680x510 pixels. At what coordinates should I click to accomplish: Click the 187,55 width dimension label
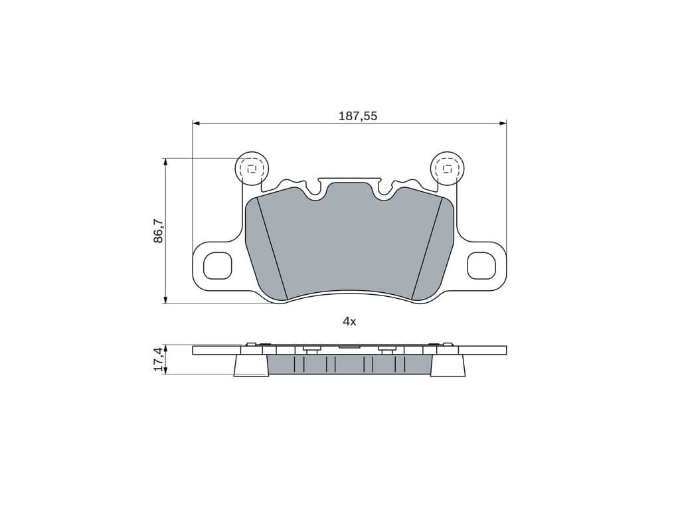[358, 116]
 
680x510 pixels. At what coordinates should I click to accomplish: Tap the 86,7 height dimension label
[159, 230]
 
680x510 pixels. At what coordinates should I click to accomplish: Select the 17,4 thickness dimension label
[159, 359]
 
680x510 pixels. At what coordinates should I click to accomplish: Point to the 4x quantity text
[349, 321]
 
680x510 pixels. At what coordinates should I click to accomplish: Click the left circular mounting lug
[252, 168]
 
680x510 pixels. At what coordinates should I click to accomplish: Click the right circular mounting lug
[448, 168]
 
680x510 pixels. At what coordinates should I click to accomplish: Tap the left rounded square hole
[218, 266]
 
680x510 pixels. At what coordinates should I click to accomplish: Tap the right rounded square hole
[481, 266]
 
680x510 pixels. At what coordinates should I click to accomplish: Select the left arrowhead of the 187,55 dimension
[196, 124]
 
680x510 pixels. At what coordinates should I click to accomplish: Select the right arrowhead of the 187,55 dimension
[503, 124]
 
